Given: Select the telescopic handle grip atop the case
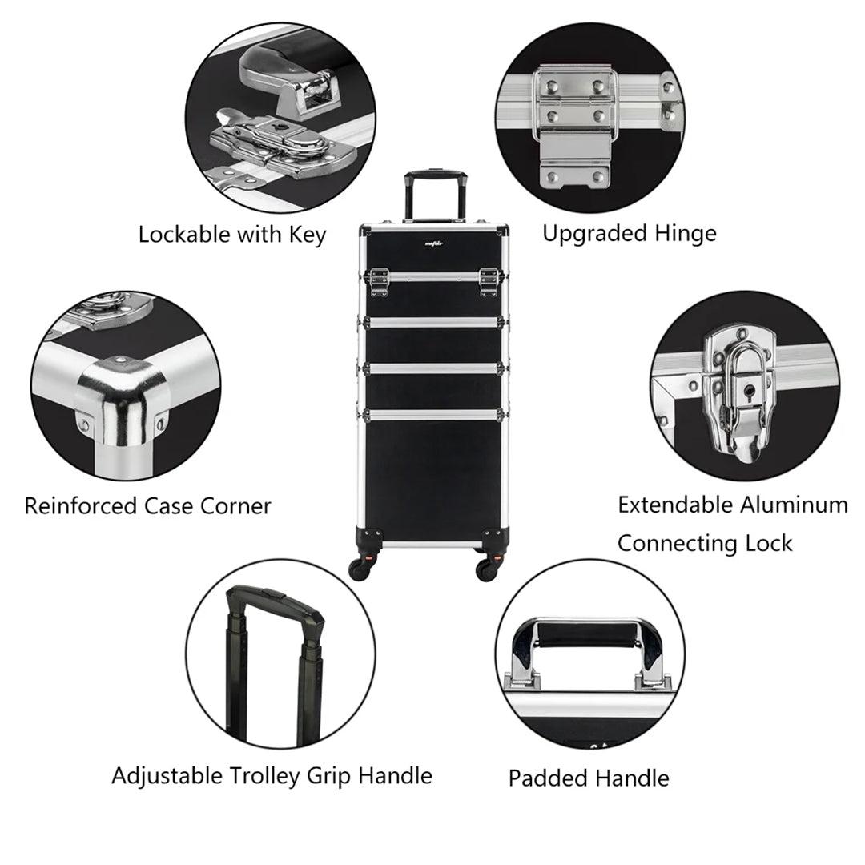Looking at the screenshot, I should pos(424,176).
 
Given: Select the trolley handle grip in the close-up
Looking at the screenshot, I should pos(276,608).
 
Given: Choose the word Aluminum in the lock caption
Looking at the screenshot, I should pos(794,505).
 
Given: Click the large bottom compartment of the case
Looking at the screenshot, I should pos(432,473).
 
